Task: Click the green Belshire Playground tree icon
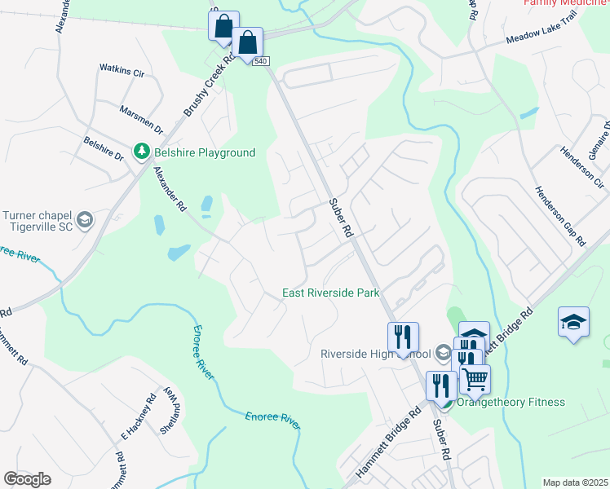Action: [142, 152]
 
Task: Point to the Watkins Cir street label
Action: [122, 71]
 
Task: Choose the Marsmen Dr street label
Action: [141, 119]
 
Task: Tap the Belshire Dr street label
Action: [104, 148]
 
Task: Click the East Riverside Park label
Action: [332, 293]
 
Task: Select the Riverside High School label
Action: [376, 354]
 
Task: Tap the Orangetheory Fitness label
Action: [511, 402]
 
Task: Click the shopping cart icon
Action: [475, 379]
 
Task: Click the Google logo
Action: [28, 479]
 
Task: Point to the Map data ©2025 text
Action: [574, 482]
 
